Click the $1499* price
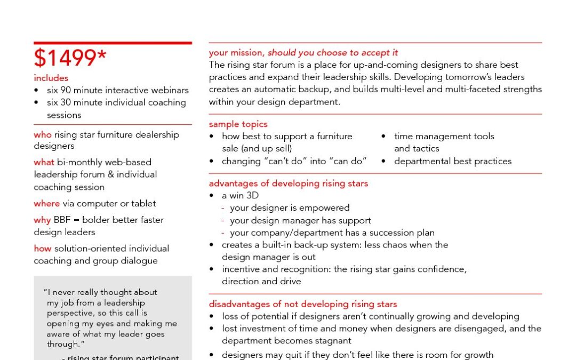[70, 59]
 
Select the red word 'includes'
[51, 78]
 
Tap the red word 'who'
[43, 135]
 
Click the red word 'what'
[44, 162]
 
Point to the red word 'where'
[46, 204]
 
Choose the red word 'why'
[42, 220]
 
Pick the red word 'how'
[43, 249]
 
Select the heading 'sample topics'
[238, 124]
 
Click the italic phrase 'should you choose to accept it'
[333, 53]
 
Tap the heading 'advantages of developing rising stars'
[288, 183]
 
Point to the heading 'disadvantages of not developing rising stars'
[302, 305]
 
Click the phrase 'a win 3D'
[240, 196]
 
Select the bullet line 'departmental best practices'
[452, 161]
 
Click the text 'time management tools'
[444, 137]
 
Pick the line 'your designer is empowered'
[290, 208]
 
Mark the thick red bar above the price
[113, 43]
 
